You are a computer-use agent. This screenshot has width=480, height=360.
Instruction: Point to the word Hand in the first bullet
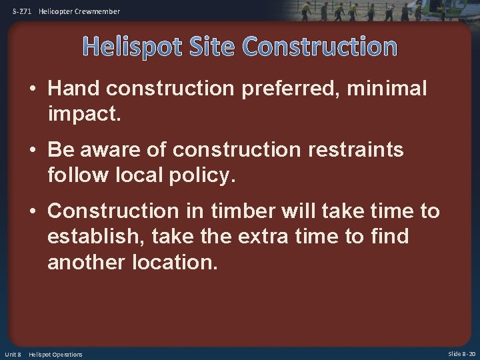[73, 89]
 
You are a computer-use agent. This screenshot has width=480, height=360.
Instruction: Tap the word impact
[84, 114]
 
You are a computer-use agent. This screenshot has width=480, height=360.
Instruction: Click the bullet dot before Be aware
[34, 151]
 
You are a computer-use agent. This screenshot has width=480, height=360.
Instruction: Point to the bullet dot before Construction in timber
[34, 212]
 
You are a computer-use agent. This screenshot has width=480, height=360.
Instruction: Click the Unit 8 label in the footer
[13, 354]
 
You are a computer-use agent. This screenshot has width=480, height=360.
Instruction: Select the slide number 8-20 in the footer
[467, 354]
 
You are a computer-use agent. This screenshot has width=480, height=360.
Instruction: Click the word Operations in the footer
[67, 354]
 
